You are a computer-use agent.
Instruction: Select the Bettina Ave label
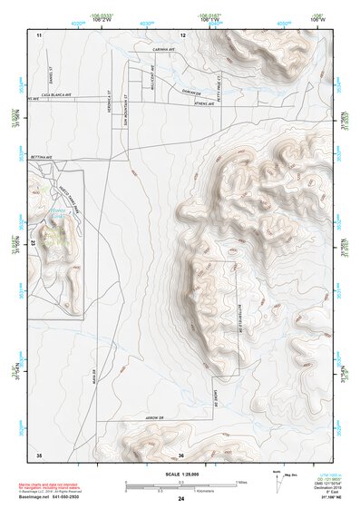point(44,156)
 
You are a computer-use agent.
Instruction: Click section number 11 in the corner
point(39,34)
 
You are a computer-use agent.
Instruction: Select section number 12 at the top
point(182,34)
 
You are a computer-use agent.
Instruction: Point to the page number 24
point(180,499)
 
